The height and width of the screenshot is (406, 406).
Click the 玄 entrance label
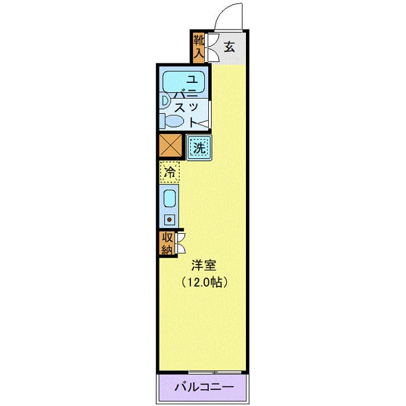[x=230, y=47]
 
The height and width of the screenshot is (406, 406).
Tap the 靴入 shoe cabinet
[x=199, y=48]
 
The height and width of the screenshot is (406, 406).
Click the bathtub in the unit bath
[x=184, y=81]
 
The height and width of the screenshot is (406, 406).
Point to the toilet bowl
[x=175, y=121]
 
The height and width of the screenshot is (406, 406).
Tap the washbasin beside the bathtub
[x=165, y=101]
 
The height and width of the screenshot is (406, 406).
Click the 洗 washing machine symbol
[x=199, y=148]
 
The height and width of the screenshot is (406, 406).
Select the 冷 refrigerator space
[x=169, y=172]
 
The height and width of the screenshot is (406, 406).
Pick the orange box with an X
[x=171, y=145]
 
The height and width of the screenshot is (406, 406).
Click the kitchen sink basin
[x=169, y=199]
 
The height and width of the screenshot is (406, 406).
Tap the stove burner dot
[x=169, y=220]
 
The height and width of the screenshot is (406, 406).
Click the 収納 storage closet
[x=167, y=244]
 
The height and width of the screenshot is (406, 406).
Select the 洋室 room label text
[x=204, y=266]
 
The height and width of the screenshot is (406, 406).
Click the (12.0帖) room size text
[x=204, y=282]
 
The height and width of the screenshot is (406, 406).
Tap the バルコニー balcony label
[x=204, y=387]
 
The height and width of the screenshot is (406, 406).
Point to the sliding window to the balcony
[x=215, y=372]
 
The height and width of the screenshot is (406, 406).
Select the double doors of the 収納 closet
[x=180, y=243]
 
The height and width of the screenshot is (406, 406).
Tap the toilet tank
[x=162, y=121]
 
